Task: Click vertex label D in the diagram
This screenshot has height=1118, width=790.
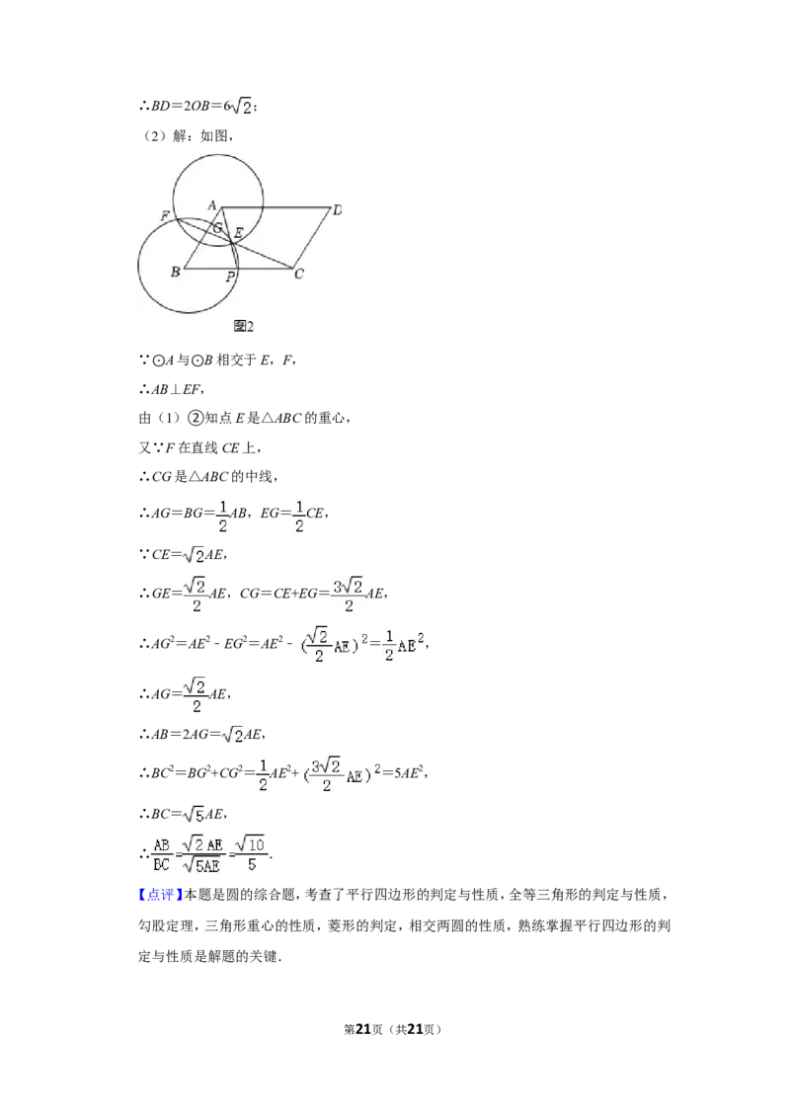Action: tap(338, 209)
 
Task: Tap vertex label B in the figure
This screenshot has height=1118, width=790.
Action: tap(176, 272)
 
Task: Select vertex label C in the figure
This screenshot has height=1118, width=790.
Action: tap(299, 274)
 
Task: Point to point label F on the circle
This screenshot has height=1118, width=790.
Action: tap(166, 215)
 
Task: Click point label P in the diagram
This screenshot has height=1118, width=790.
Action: tap(230, 278)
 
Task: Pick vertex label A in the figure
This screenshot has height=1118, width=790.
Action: tap(211, 205)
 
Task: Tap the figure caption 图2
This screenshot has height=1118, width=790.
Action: tap(243, 326)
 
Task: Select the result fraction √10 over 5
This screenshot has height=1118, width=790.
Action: tap(251, 853)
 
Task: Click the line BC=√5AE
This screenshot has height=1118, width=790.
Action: tap(184, 814)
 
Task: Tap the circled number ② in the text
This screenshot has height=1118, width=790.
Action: tap(196, 418)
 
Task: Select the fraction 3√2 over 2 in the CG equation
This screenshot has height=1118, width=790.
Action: tap(348, 595)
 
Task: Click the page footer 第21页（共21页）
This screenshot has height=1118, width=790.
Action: tap(393, 1029)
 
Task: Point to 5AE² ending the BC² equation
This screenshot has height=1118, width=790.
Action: tap(409, 772)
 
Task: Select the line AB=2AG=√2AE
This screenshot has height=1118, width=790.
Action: tap(202, 734)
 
